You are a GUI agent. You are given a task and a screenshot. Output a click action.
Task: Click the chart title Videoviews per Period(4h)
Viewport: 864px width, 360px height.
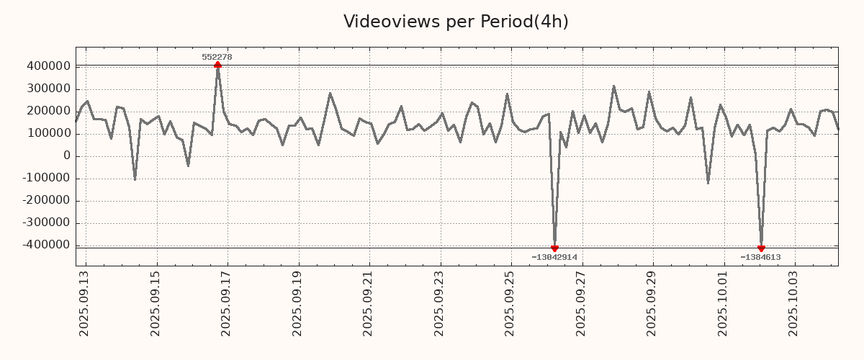456,22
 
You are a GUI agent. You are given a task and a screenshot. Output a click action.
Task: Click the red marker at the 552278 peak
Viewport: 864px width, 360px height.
217,66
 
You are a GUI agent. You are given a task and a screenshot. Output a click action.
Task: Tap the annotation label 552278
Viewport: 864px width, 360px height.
217,57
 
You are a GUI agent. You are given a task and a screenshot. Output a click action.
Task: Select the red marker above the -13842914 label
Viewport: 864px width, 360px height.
554,248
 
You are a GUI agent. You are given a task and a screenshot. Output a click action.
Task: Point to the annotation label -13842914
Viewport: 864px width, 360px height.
554,257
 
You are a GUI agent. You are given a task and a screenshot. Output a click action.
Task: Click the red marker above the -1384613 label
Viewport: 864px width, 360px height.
761,248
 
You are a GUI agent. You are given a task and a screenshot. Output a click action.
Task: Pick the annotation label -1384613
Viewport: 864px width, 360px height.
760,257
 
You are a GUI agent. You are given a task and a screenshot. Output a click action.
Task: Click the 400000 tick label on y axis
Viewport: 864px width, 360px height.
48,66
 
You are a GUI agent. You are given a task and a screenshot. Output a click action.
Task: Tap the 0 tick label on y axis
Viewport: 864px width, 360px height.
67,156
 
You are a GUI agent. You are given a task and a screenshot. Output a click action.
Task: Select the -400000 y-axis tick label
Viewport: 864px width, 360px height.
45,245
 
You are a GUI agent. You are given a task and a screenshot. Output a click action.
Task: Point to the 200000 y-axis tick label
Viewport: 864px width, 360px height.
48,111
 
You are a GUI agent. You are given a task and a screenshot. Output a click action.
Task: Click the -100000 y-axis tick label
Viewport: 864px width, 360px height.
45,179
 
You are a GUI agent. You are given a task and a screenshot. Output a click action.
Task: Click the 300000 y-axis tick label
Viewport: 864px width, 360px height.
48,89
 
